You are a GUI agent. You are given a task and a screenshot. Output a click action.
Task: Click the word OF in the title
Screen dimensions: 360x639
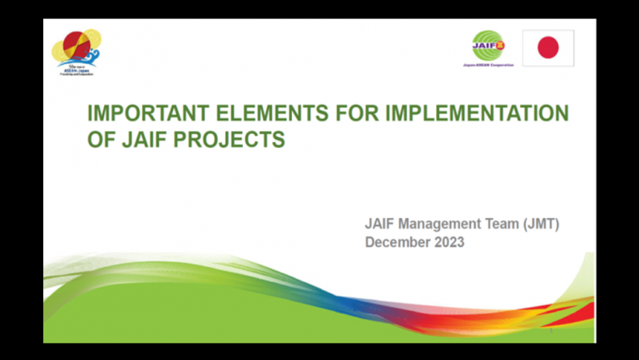(x=100, y=140)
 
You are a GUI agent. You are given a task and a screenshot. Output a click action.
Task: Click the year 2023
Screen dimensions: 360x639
(x=448, y=242)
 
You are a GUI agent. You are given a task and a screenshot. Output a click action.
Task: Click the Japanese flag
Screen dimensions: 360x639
(x=547, y=47)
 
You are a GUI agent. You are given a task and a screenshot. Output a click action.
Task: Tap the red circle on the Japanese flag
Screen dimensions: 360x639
(x=547, y=47)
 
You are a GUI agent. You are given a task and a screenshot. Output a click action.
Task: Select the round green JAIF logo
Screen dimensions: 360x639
(x=488, y=45)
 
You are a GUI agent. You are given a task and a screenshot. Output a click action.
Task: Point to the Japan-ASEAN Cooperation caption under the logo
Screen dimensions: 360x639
(x=488, y=64)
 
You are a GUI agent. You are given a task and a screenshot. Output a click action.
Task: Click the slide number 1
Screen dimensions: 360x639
(x=551, y=330)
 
